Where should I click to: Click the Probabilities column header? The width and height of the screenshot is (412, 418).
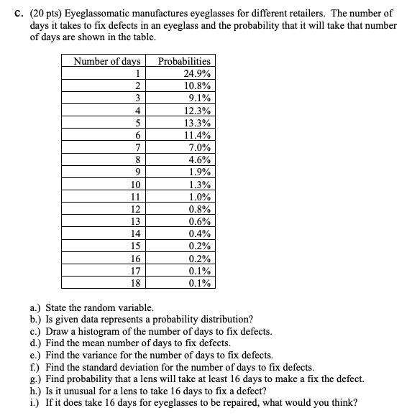click(x=184, y=62)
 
